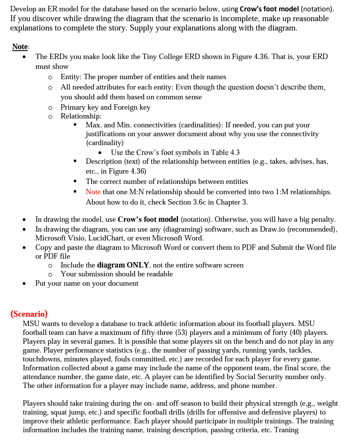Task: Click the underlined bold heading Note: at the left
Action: click(x=21, y=47)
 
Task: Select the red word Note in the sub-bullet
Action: click(x=93, y=192)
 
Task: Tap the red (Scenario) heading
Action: click(x=29, y=314)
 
